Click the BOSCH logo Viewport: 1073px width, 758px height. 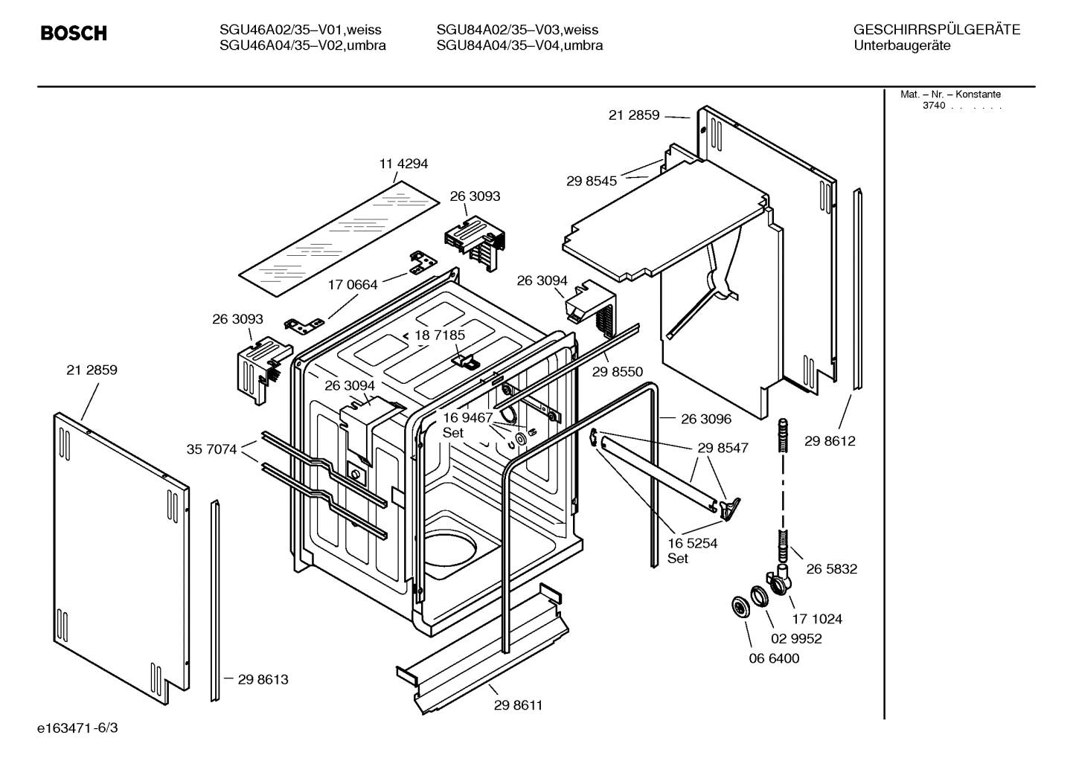pos(74,33)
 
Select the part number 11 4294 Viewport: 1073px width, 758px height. pos(403,164)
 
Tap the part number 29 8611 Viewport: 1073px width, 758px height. pos(518,705)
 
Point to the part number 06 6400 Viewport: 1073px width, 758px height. pos(774,658)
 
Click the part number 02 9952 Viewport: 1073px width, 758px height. pos(796,638)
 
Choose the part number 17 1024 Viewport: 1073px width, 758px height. pos(817,618)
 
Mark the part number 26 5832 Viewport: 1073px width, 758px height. pos(831,569)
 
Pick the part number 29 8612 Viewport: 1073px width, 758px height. pos(830,441)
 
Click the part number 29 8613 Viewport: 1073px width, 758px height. pos(263,679)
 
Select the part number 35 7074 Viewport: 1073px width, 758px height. pos(211,449)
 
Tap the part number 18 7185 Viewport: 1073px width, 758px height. pos(440,335)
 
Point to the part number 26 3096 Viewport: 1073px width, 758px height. pos(706,420)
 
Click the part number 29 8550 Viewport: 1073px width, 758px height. pos(618,372)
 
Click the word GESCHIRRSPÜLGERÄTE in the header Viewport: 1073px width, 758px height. pos(936,30)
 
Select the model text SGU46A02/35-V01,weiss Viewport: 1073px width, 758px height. pos(300,30)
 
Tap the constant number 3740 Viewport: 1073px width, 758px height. pos(934,106)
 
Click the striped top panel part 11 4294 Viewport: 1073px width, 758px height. pos(339,237)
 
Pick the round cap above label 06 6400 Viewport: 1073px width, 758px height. pos(741,606)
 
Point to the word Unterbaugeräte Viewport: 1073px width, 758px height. pos(902,45)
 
